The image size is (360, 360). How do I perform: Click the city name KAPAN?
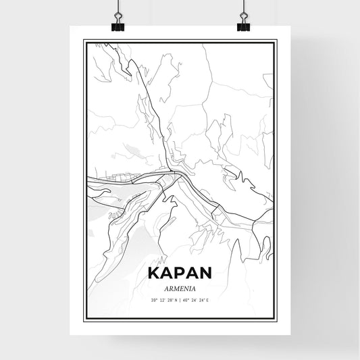[180, 272]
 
